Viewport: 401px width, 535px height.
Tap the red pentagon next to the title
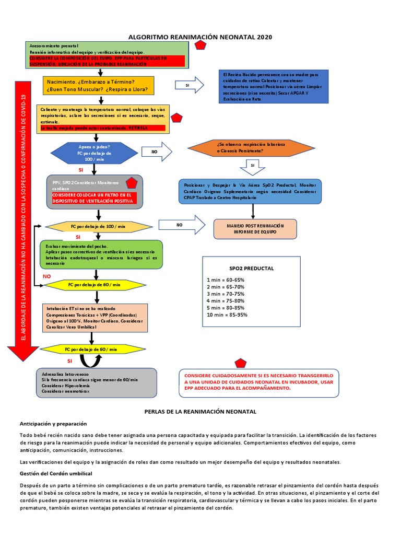point(199,45)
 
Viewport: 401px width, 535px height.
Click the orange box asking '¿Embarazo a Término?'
point(99,86)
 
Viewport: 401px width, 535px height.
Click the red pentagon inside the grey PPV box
point(131,182)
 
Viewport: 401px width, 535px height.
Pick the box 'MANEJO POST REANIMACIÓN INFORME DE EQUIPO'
point(255,228)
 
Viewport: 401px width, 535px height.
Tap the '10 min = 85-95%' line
point(227,315)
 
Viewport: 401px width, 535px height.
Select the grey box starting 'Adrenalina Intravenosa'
point(97,382)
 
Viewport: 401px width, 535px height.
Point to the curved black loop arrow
point(91,362)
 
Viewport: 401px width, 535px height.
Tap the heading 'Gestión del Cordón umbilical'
point(56,473)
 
